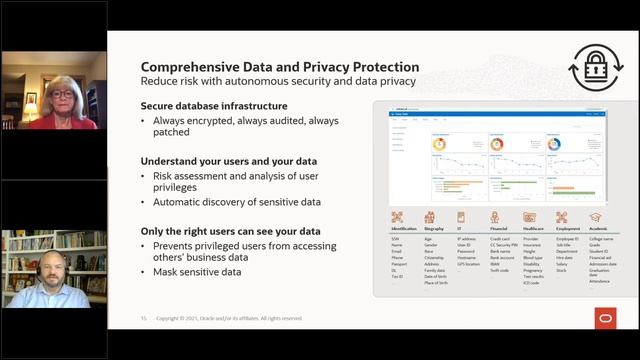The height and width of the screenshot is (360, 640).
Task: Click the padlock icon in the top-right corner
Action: (596, 68)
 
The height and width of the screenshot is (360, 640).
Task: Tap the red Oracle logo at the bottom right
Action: (604, 317)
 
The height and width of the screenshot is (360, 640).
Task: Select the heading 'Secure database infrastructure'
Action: (214, 106)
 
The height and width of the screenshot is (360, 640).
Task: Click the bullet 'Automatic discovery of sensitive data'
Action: (235, 202)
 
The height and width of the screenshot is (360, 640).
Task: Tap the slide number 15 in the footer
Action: (143, 319)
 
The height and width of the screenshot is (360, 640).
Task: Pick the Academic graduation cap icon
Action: (595, 217)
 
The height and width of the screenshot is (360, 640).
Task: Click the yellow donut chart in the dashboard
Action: (438, 144)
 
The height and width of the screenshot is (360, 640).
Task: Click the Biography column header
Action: (435, 230)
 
